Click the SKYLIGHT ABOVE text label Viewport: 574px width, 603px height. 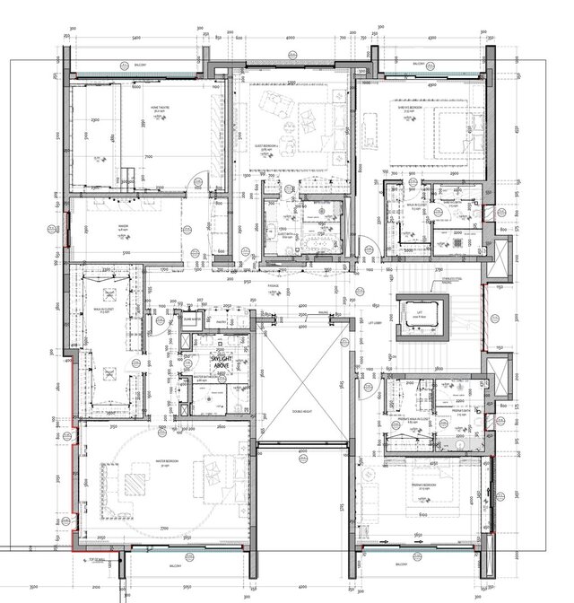[220, 361]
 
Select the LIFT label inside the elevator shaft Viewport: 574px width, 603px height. [418, 315]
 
